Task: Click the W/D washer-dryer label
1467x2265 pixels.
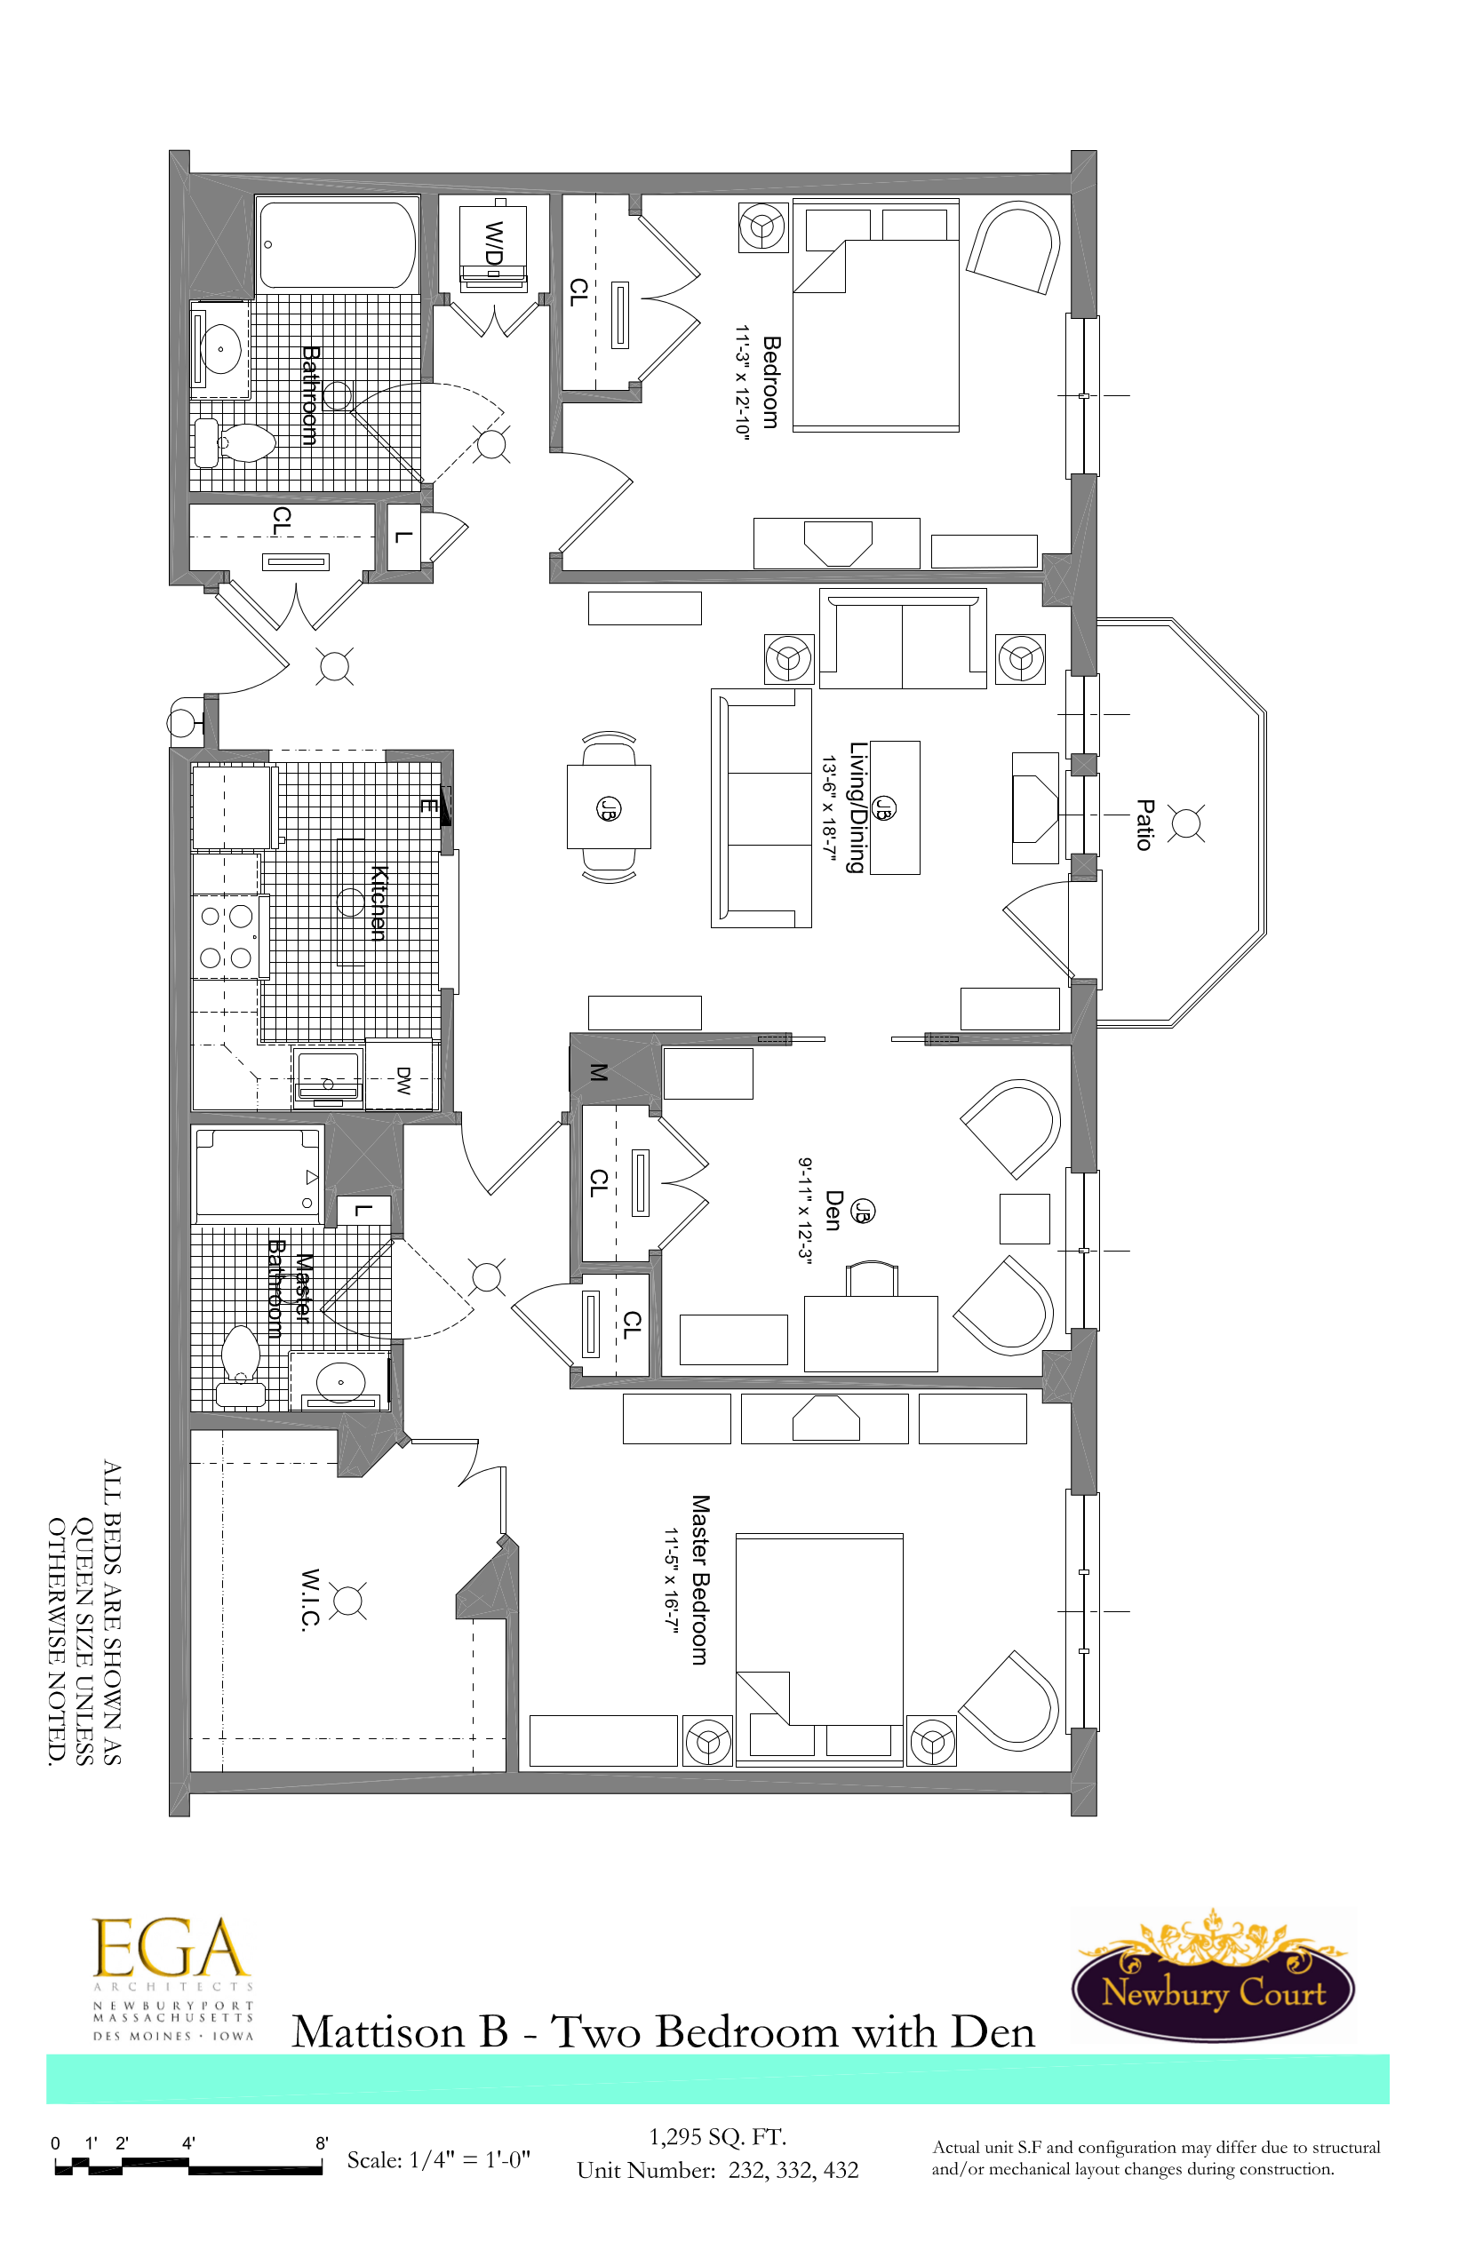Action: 494,243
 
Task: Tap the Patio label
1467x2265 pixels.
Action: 1144,824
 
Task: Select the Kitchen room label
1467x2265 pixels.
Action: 378,902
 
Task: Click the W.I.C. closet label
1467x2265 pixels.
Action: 308,1600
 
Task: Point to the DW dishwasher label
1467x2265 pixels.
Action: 403,1079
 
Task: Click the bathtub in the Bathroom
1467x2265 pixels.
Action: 337,243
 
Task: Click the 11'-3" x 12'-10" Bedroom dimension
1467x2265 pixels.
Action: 742,382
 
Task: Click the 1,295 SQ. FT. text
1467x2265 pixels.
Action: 717,2136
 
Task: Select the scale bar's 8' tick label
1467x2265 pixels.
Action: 322,2143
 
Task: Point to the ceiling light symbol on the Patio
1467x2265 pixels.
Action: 1185,823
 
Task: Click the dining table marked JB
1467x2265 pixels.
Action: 609,807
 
